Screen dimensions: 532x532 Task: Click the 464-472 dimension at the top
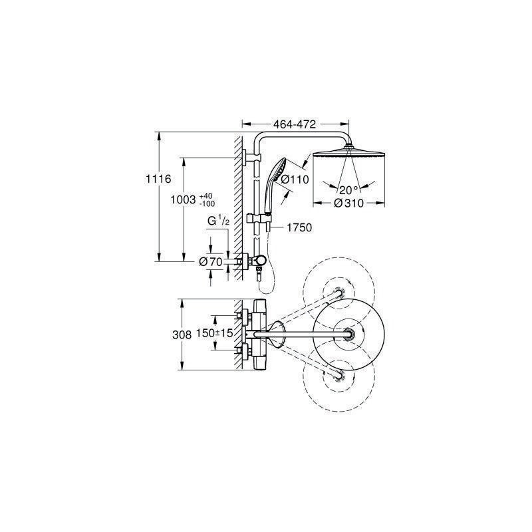pos(295,124)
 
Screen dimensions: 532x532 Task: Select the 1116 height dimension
pos(158,179)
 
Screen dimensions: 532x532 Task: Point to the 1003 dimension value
pos(183,199)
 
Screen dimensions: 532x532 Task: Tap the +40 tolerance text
pos(206,196)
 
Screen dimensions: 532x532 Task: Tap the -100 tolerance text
pos(207,203)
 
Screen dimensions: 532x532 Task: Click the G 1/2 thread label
pos(219,221)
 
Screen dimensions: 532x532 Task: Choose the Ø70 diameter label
pos(211,261)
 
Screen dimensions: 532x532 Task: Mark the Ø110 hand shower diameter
pos(295,179)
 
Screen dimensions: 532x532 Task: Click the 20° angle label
pos(348,190)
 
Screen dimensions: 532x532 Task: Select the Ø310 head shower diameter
pos(348,203)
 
